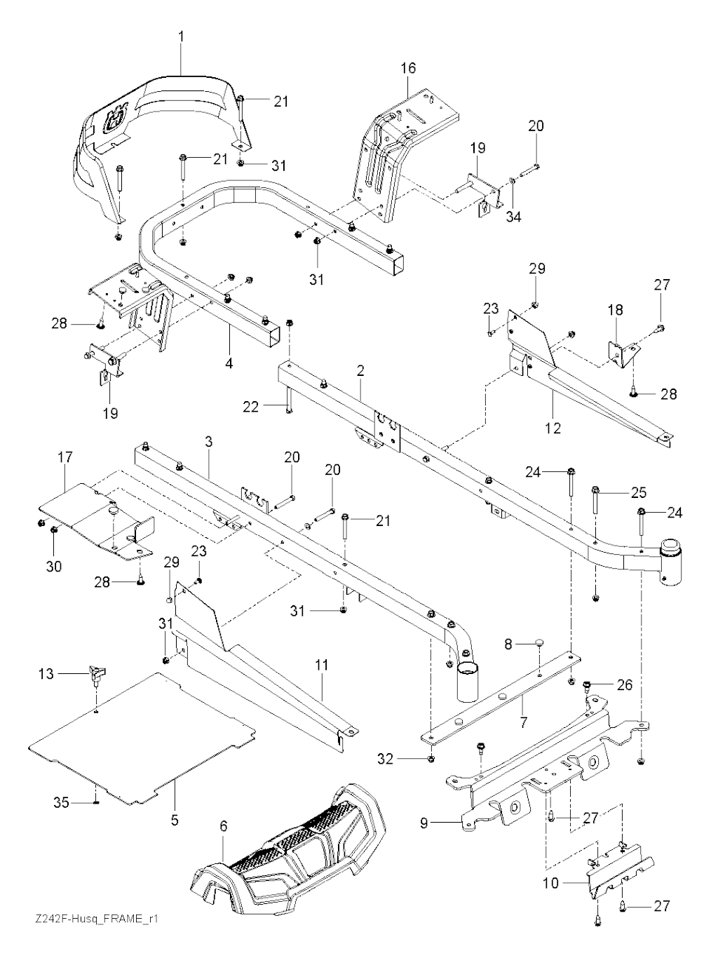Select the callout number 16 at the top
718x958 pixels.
coord(408,68)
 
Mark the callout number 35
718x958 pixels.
coord(62,802)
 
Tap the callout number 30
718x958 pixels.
coord(55,566)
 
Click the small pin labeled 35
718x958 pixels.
coord(95,802)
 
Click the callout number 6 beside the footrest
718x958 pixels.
coord(223,826)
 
